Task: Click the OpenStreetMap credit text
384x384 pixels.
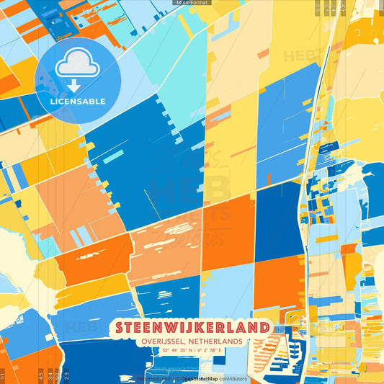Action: click(x=202, y=378)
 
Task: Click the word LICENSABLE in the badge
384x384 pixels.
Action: click(x=77, y=102)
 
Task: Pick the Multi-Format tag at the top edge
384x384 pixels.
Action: click(x=192, y=3)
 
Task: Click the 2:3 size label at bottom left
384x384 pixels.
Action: click(x=66, y=375)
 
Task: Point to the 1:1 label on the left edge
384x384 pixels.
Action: click(x=3, y=375)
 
